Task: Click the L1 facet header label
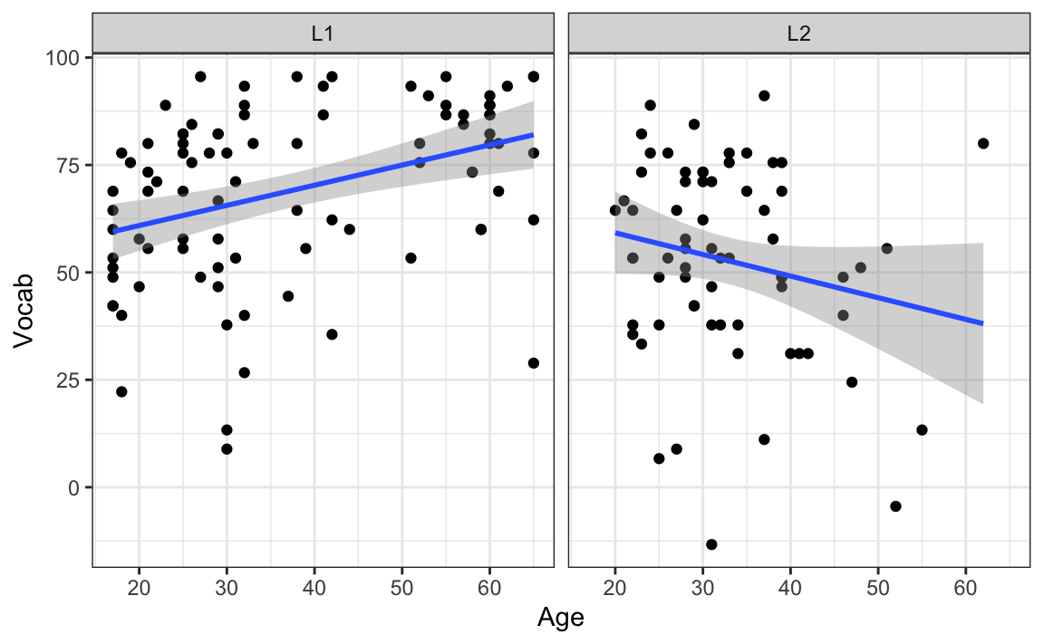323,34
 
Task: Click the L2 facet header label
798,34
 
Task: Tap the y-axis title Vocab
24,312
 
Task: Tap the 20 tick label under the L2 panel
614,587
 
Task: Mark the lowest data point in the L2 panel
711,544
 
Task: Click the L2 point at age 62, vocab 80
983,143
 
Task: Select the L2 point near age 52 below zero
895,505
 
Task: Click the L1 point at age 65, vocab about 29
533,363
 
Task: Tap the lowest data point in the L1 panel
227,448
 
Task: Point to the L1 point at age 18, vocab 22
121,391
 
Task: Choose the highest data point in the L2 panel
764,95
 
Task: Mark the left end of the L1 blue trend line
112,232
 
